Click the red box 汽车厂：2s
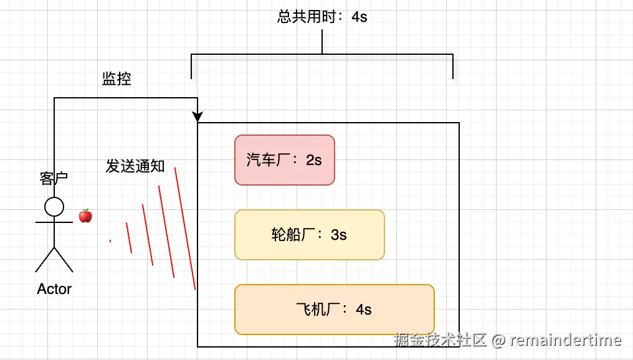click(284, 160)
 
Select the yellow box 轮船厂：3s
click(309, 235)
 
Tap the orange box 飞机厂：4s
click(334, 310)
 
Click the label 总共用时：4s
click(322, 17)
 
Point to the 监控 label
click(117, 79)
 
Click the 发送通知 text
click(135, 166)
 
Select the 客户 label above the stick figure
click(54, 179)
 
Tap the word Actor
click(54, 289)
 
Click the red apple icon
click(85, 216)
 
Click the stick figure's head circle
click(54, 207)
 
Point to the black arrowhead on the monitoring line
click(198, 117)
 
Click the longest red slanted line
click(185, 229)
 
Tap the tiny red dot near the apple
click(110, 241)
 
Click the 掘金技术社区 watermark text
click(440, 340)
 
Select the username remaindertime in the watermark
click(566, 340)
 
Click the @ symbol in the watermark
click(498, 340)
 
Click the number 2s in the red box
click(314, 160)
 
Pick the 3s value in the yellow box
click(339, 235)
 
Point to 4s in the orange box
click(364, 310)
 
